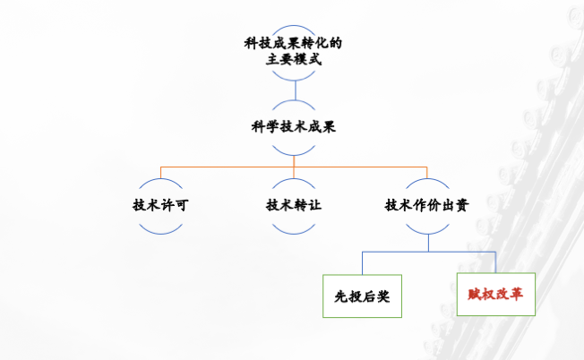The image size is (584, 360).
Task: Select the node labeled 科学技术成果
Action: click(x=293, y=127)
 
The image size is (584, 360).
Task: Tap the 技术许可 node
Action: click(x=160, y=205)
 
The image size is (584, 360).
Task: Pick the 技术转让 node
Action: click(x=293, y=205)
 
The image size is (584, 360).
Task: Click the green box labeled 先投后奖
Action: click(x=362, y=296)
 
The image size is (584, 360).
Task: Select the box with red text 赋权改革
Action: click(x=495, y=294)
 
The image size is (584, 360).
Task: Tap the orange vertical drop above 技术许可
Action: click(x=160, y=172)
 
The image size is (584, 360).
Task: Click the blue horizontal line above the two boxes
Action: click(x=428, y=253)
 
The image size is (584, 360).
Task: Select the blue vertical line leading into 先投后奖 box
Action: click(x=362, y=263)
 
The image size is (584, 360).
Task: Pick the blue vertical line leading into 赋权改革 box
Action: click(x=495, y=262)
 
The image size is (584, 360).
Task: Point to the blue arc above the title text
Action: click(x=293, y=24)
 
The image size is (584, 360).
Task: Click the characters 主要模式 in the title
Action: click(x=293, y=60)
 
